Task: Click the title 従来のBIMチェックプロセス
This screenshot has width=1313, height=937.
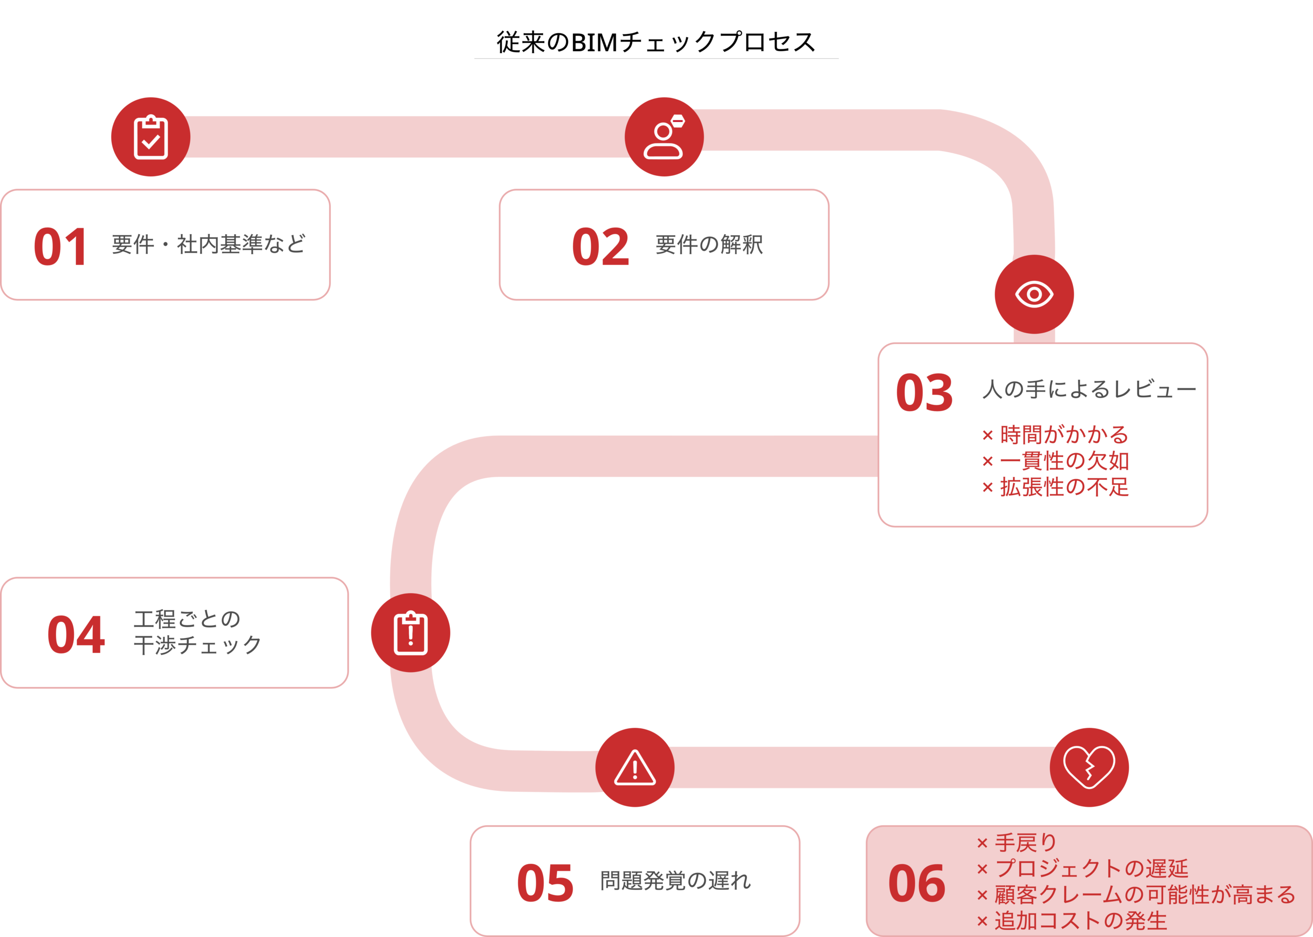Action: pyautogui.click(x=656, y=42)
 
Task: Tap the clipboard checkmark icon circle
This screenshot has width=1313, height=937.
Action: pyautogui.click(x=151, y=137)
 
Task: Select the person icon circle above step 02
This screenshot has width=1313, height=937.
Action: pyautogui.click(x=664, y=137)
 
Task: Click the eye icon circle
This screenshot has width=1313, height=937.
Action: pyautogui.click(x=1033, y=294)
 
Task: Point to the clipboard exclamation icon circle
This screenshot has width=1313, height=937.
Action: pyautogui.click(x=410, y=633)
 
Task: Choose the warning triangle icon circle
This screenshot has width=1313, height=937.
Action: pyautogui.click(x=634, y=767)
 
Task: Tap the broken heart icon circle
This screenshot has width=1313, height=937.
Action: pyautogui.click(x=1088, y=767)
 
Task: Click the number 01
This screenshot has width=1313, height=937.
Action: pyautogui.click(x=61, y=247)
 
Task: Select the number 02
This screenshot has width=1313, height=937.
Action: pyautogui.click(x=600, y=247)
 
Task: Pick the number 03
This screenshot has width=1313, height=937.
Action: pyautogui.click(x=924, y=393)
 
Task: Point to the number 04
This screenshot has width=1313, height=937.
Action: pyautogui.click(x=76, y=635)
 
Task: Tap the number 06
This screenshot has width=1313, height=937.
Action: pyautogui.click(x=917, y=883)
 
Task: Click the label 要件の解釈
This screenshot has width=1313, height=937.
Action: pyautogui.click(x=709, y=245)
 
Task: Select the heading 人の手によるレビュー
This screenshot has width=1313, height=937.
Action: pyautogui.click(x=1089, y=390)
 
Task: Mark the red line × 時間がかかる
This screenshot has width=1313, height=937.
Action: pyautogui.click(x=1055, y=435)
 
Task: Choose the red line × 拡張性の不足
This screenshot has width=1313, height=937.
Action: pyautogui.click(x=1055, y=487)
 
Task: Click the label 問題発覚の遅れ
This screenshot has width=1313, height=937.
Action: pyautogui.click(x=675, y=881)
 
